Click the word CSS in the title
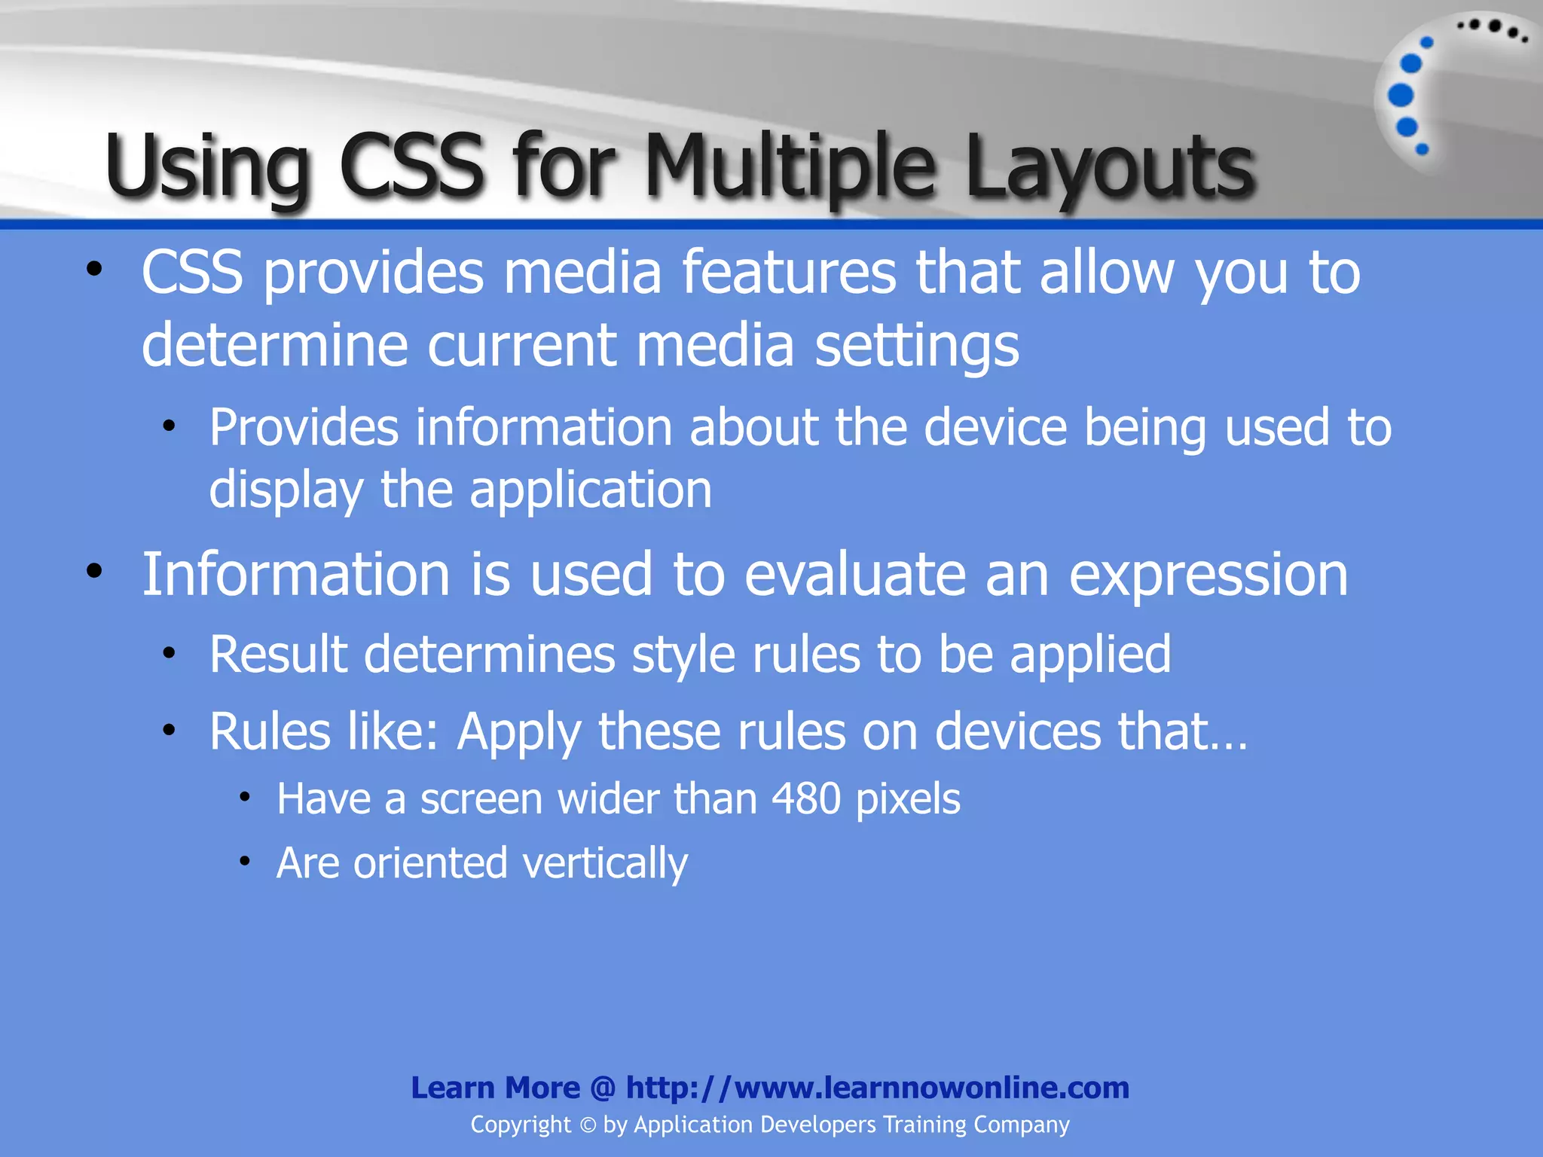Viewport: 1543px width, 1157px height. coord(411,166)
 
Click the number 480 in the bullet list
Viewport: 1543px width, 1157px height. coord(805,798)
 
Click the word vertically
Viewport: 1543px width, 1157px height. coord(604,863)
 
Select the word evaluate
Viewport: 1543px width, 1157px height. coord(854,574)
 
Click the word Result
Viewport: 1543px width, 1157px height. coord(278,654)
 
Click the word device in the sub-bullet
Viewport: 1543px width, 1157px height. coord(995,428)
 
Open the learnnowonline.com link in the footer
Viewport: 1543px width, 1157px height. coord(877,1088)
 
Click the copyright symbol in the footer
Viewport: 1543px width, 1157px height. coord(588,1125)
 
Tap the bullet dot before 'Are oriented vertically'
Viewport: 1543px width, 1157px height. coord(244,861)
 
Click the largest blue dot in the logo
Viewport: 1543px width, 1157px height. coord(1401,96)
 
